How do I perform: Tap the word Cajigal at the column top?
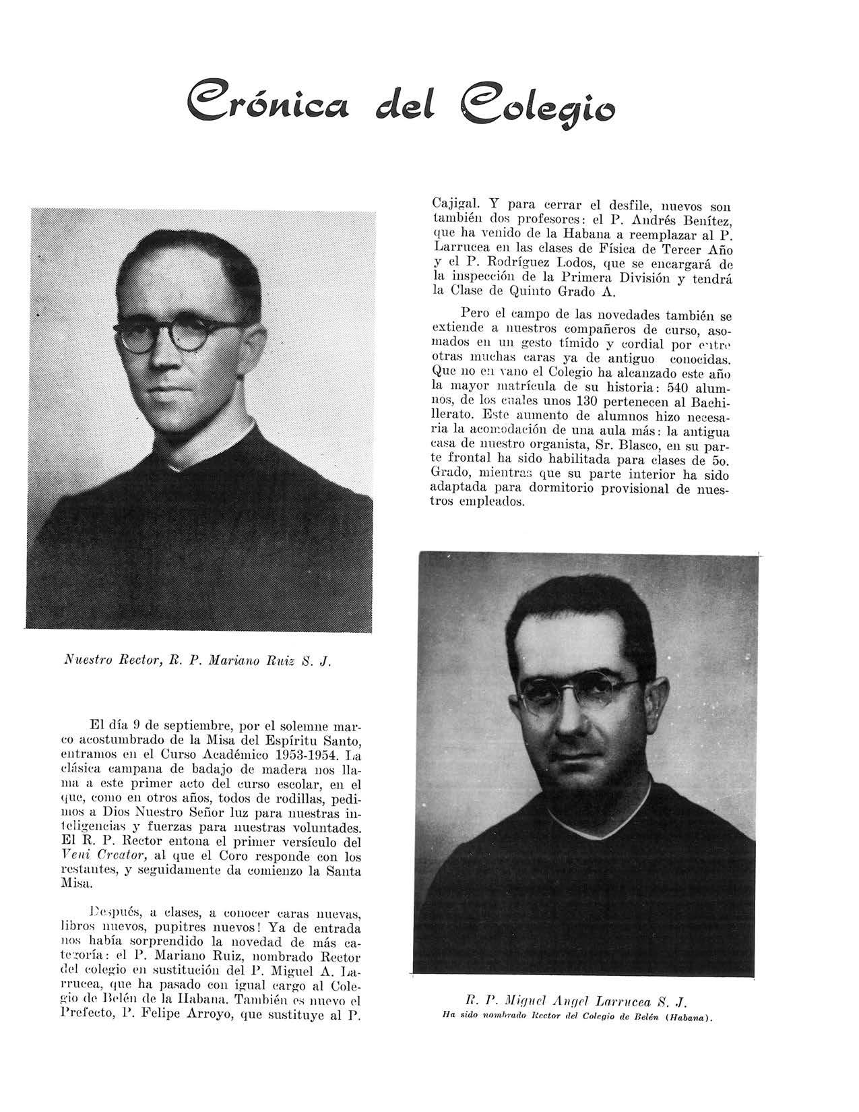(x=454, y=202)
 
